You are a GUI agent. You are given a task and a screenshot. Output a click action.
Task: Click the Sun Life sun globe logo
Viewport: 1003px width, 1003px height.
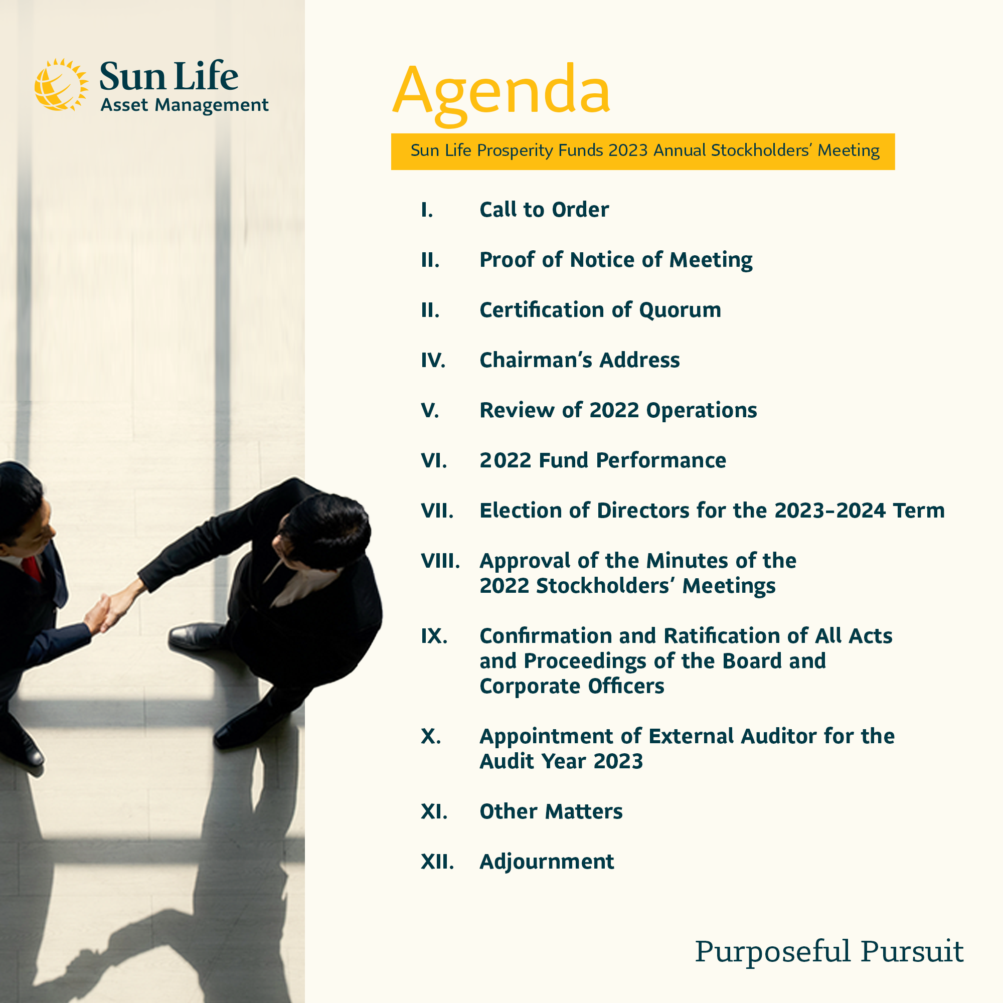61,85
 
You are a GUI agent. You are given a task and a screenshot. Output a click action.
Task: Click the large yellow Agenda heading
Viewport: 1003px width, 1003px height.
501,93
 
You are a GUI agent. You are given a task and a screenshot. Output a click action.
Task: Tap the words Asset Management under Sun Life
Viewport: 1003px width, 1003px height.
184,105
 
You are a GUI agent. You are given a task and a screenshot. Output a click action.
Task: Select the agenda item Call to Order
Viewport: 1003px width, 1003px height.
544,210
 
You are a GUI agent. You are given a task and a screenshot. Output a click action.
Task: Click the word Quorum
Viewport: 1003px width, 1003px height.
680,310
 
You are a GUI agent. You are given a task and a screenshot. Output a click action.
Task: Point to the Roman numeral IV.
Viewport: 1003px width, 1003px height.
433,360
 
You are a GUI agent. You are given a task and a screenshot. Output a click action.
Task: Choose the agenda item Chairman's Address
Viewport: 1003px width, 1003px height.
579,360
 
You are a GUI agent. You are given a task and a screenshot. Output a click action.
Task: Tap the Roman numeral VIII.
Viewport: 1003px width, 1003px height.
440,561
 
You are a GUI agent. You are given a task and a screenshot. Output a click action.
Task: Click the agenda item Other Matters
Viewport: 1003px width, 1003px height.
551,811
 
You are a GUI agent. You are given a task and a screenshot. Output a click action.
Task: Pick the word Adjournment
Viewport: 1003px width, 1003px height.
547,862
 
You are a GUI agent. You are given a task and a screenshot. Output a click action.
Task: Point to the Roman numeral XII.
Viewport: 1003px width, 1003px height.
437,862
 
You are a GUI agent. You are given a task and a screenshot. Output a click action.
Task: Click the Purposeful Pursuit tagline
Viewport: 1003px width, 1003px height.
829,952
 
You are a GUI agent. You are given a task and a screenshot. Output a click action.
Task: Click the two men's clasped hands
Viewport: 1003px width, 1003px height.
104,613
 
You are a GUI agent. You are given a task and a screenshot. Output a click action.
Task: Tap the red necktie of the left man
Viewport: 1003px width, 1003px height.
32,569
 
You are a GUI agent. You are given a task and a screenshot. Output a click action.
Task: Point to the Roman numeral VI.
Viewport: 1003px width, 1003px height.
433,460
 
